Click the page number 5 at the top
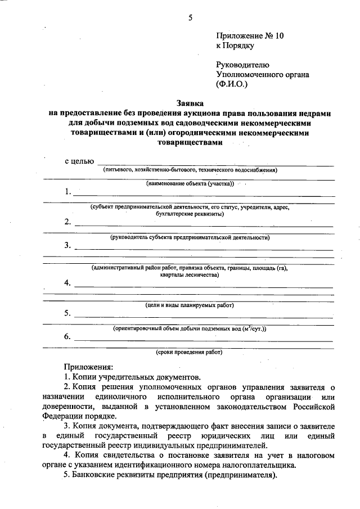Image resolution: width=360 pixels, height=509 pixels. [x=190, y=17]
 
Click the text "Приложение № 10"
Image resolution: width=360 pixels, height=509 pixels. [x=250, y=35]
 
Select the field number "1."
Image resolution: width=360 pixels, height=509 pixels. [x=67, y=192]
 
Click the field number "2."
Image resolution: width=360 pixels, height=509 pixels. [x=67, y=222]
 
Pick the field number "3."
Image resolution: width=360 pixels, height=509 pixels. [x=67, y=245]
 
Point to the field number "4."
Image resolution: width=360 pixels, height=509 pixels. [x=67, y=283]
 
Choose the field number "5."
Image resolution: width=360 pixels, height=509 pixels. [x=67, y=313]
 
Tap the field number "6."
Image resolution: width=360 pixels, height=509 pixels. [x=67, y=337]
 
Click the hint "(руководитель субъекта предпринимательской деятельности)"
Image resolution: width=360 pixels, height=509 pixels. [x=190, y=237]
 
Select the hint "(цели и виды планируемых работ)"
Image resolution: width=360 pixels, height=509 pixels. [x=190, y=305]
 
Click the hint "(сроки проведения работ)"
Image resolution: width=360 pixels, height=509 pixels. [x=190, y=353]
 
